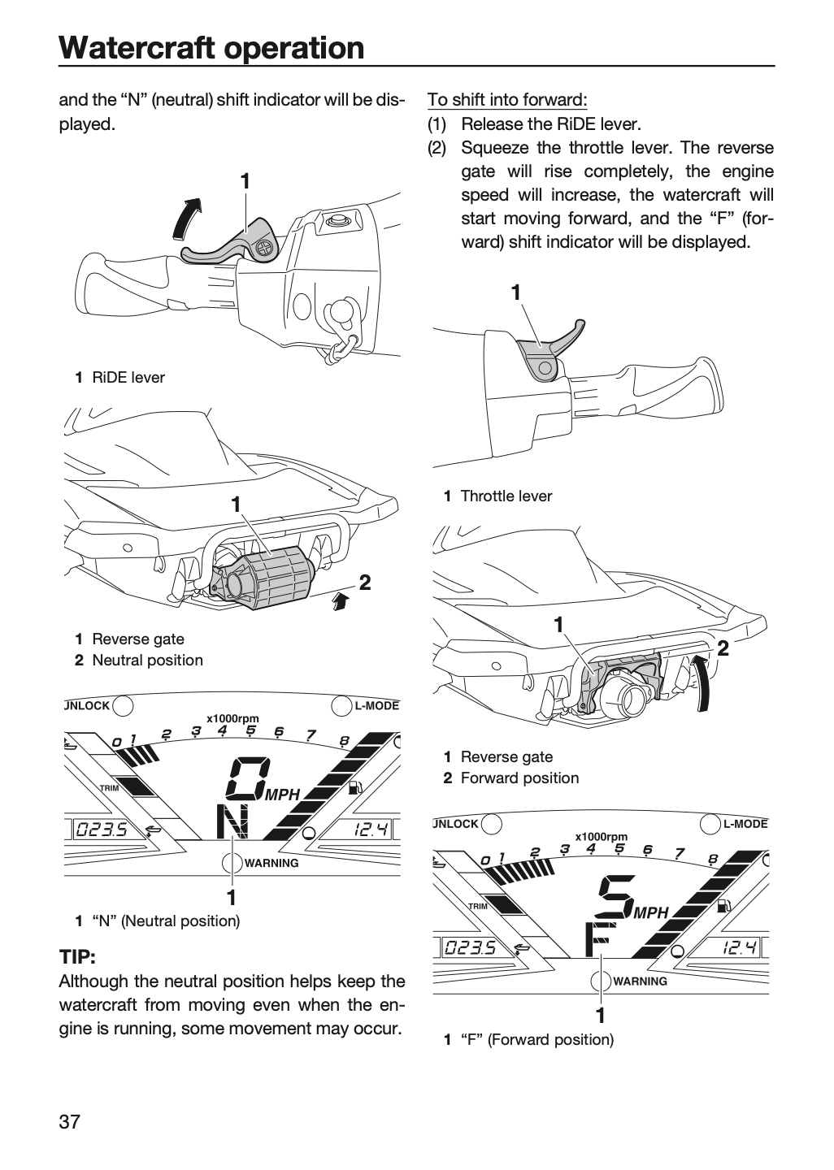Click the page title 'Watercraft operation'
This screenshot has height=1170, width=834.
(x=211, y=48)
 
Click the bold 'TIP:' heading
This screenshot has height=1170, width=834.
(x=77, y=957)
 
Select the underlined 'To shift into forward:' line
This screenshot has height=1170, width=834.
(x=507, y=99)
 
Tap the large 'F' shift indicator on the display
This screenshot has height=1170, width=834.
(x=597, y=939)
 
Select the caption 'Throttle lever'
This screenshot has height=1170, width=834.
(x=506, y=496)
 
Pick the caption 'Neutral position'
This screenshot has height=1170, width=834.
(x=147, y=661)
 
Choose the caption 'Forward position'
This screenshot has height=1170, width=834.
(x=519, y=778)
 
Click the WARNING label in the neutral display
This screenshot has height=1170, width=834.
(x=271, y=864)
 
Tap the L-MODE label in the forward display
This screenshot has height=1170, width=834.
(x=745, y=824)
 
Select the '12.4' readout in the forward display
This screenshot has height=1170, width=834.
(x=738, y=947)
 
